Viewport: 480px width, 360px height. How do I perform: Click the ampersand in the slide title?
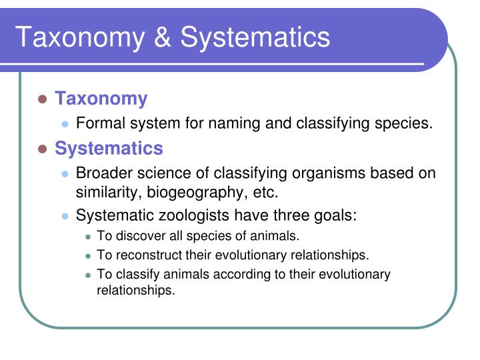[163, 37]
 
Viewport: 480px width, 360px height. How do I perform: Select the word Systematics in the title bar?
[255, 37]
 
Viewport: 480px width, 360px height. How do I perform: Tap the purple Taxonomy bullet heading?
[101, 99]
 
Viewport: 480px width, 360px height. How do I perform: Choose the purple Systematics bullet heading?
[109, 148]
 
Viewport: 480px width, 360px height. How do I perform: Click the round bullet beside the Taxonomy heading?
[42, 99]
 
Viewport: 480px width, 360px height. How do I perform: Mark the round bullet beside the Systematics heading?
[42, 149]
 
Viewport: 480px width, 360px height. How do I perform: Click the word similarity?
[105, 193]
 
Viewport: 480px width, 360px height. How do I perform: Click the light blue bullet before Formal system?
[65, 124]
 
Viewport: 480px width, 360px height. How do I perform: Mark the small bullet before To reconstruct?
[89, 256]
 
